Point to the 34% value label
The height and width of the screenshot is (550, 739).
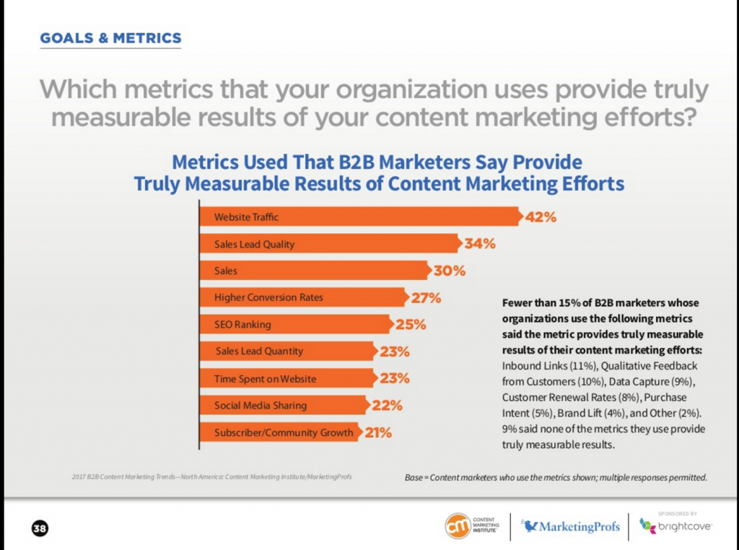(x=480, y=244)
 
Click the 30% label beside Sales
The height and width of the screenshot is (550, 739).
(x=450, y=271)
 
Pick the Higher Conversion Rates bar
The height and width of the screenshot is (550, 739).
(x=302, y=297)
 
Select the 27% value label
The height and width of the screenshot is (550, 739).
(x=426, y=297)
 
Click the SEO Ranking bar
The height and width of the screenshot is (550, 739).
(x=295, y=324)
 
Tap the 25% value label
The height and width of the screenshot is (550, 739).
(x=411, y=324)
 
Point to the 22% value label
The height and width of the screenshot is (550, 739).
(x=388, y=406)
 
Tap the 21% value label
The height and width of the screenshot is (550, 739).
(x=377, y=433)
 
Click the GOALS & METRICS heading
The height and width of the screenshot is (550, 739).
(x=110, y=38)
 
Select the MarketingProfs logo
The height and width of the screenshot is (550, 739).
(x=570, y=526)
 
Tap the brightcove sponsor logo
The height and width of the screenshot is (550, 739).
(x=676, y=526)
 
